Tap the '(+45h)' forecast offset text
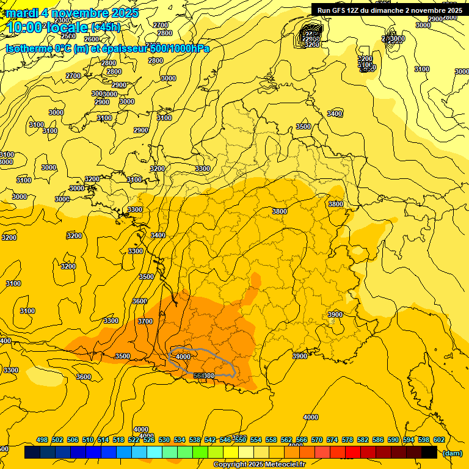pyautogui.click(x=106, y=27)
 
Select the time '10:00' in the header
pyautogui.click(x=24, y=27)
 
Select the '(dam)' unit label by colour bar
pyautogui.click(x=451, y=453)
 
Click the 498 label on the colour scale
pyautogui.click(x=42, y=440)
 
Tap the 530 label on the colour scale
pyautogui.click(x=164, y=440)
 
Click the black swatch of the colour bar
pyautogui.click(x=429, y=453)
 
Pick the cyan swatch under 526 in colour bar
pyautogui.click(x=154, y=453)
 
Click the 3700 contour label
pyautogui.click(x=145, y=321)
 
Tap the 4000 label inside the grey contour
pyautogui.click(x=183, y=356)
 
